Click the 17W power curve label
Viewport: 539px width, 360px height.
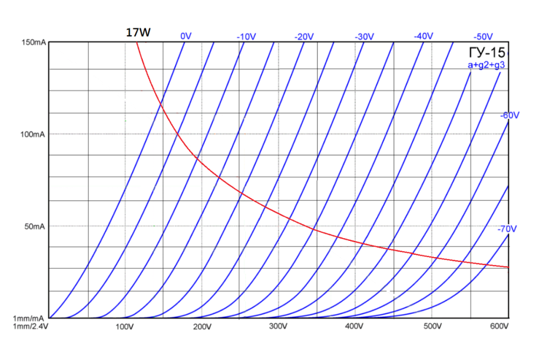pos(138,32)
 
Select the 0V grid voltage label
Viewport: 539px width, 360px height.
pos(186,36)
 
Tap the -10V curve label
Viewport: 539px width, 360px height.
pos(246,37)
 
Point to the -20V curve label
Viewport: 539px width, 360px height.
pos(304,37)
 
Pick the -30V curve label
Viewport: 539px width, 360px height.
pos(364,37)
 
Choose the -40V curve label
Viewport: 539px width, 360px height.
pos(423,36)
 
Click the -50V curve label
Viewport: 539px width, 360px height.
pos(483,37)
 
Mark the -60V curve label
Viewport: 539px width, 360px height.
pos(509,115)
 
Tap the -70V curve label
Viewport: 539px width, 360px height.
pos(507,229)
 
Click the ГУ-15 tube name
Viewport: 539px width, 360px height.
pos(487,53)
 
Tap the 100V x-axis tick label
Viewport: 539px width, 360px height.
pos(125,327)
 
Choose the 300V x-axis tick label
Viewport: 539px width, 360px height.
pos(278,327)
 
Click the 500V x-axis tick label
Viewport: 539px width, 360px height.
pos(432,327)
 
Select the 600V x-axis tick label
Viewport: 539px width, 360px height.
pos(500,327)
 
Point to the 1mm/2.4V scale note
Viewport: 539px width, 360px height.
pos(31,327)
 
